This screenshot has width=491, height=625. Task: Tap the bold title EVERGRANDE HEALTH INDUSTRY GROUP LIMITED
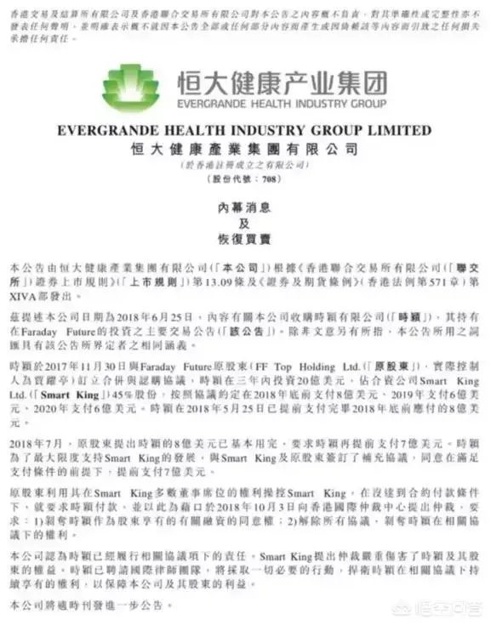click(245, 131)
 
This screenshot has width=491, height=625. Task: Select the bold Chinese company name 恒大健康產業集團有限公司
click(245, 148)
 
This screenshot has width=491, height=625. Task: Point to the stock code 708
click(265, 180)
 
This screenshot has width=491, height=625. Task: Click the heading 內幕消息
click(245, 207)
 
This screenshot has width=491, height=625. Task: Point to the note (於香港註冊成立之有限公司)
click(245, 165)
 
